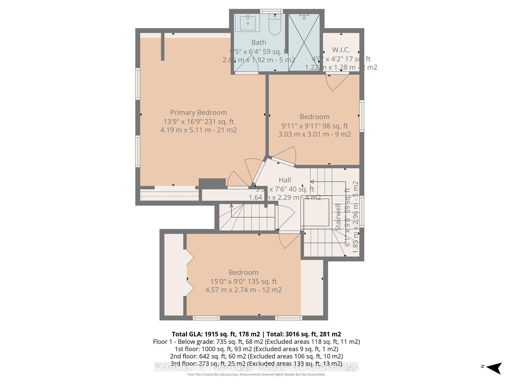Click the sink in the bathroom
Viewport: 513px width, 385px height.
tap(248, 23)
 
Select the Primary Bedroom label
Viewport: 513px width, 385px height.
tap(199, 113)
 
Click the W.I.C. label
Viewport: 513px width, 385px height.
tap(341, 50)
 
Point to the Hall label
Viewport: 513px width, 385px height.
tap(285, 180)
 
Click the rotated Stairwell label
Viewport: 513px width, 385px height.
tap(338, 217)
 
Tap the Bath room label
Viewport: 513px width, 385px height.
tap(259, 43)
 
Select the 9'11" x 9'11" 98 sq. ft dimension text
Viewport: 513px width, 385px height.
tap(314, 126)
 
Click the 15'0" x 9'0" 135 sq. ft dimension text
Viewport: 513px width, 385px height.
tap(243, 281)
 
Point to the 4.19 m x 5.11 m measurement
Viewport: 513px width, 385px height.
tap(199, 130)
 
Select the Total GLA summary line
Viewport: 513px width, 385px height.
tap(256, 334)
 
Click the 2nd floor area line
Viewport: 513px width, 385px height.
tap(256, 356)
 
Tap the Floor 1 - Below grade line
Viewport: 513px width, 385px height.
tap(256, 342)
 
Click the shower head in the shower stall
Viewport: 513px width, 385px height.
tap(304, 17)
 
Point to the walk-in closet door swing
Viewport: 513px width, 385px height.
tap(337, 82)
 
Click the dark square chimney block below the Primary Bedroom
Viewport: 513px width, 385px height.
tap(212, 183)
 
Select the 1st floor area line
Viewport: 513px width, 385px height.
tap(256, 349)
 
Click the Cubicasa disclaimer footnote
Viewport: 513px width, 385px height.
tap(256, 375)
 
